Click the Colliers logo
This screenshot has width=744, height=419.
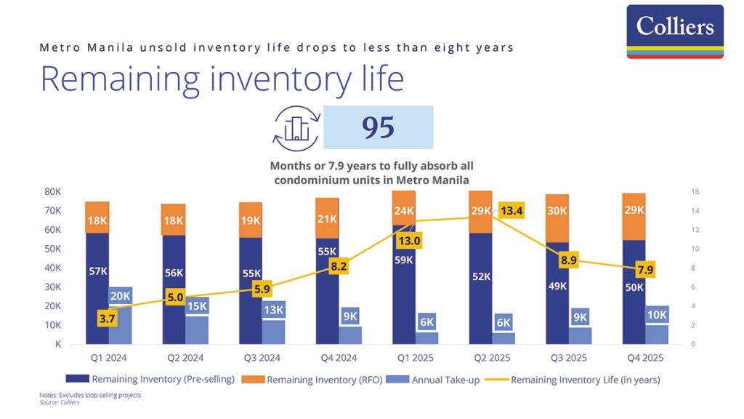point(675,31)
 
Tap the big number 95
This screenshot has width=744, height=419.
point(378,127)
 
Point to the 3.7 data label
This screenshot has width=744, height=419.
point(108,317)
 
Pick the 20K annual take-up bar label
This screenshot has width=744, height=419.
point(121,296)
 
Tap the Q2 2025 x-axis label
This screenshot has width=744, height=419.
point(488,358)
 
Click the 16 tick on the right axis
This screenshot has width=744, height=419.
point(694,192)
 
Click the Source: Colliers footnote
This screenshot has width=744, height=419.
point(59,401)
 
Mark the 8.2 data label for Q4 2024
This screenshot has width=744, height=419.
point(339,267)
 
